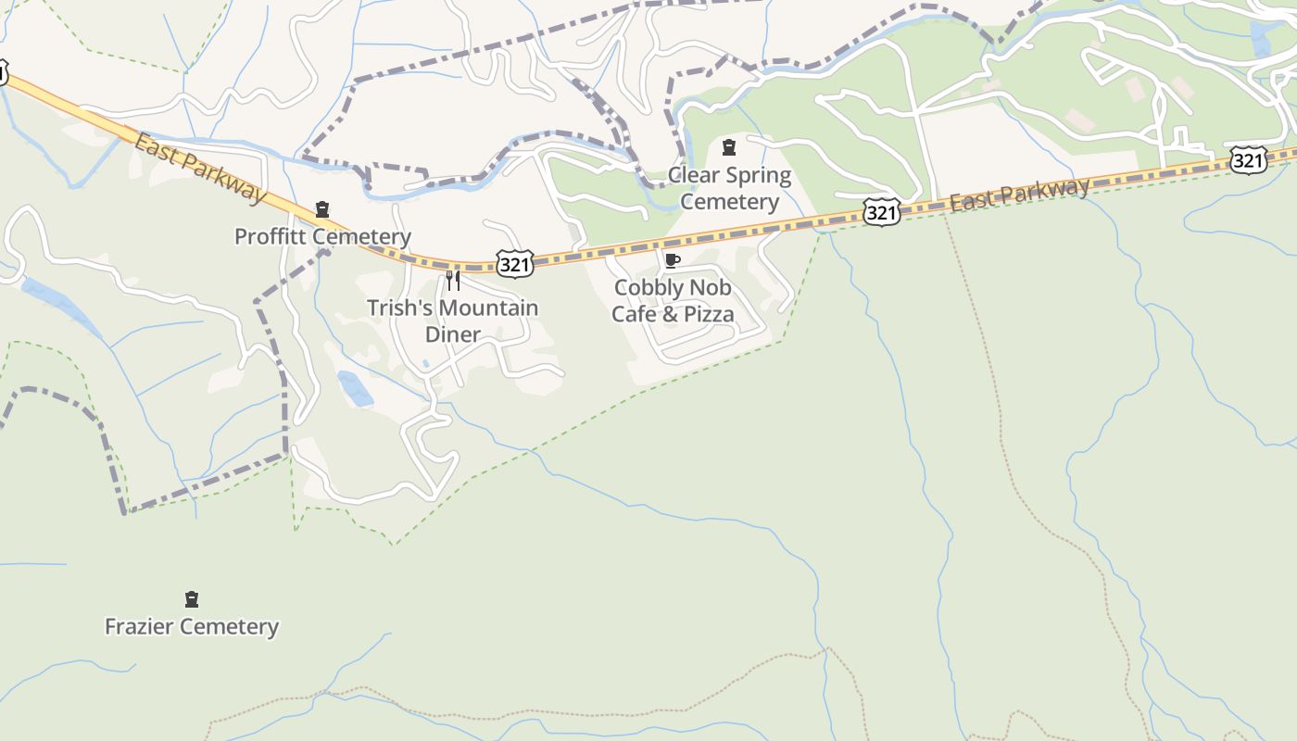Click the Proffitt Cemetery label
[x=322, y=236]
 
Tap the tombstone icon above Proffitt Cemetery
[x=322, y=209]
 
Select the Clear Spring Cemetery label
[x=729, y=188]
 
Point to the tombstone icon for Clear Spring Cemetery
[x=729, y=146]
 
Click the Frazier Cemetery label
[x=192, y=626]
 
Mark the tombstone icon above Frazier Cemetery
[x=192, y=599]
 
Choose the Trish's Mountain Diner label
[x=452, y=320]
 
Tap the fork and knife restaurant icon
[x=453, y=280]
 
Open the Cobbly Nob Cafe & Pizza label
[x=673, y=300]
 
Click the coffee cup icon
[x=673, y=260]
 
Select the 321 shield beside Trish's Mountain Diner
[x=514, y=264]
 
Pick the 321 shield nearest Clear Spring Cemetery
[x=881, y=213]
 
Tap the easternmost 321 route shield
[x=1248, y=161]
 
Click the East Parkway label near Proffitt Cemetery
[x=200, y=168]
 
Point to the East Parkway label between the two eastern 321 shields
[x=1019, y=195]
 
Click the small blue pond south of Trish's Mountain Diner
[x=356, y=388]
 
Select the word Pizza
[x=708, y=314]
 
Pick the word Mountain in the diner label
[x=492, y=308]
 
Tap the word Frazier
[x=142, y=626]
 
